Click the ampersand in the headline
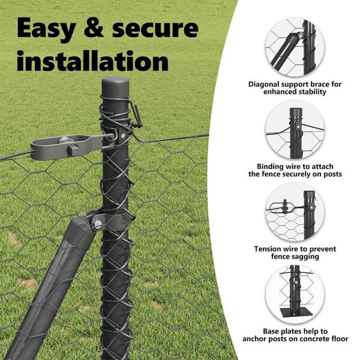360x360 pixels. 94,28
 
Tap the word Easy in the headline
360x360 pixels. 47,29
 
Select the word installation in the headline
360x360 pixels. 93,60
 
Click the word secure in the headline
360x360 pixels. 155,29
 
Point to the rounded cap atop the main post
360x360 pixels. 115,84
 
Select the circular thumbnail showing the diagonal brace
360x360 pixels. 295,47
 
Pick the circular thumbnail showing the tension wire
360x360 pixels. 295,212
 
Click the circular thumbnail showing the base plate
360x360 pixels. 295,295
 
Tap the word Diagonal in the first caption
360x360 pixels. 264,85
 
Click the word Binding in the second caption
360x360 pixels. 270,167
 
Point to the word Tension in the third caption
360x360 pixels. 268,249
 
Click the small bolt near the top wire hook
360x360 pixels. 124,136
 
